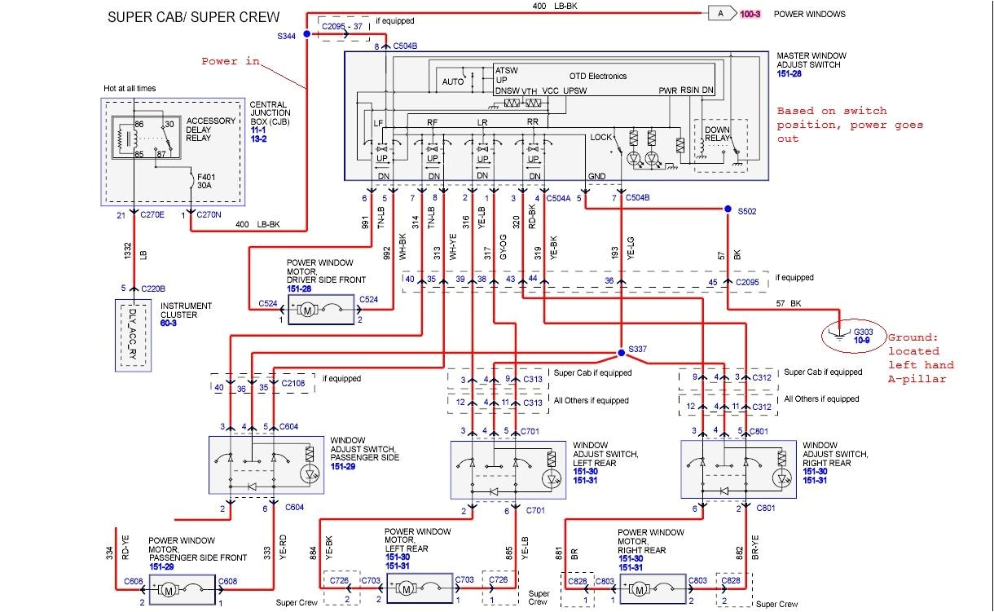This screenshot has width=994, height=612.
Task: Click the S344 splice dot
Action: (x=306, y=34)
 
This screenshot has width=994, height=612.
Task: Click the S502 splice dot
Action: (x=728, y=209)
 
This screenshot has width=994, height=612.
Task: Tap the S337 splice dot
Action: (x=620, y=352)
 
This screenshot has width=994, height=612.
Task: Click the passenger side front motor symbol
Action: (x=169, y=588)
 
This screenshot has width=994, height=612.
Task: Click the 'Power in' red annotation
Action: (x=231, y=61)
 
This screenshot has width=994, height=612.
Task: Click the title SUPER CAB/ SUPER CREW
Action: (x=193, y=16)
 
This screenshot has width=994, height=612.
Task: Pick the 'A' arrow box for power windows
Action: (x=720, y=13)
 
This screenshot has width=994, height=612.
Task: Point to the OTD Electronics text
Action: (x=596, y=76)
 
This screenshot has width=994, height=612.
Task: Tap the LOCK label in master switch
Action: (x=601, y=137)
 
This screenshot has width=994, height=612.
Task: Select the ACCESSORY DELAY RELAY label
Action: (x=210, y=129)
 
